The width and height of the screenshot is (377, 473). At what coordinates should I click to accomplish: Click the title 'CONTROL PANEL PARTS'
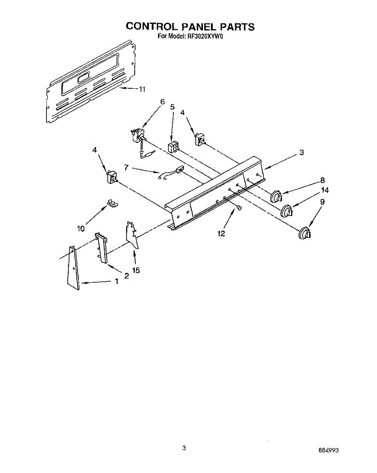pos(190,26)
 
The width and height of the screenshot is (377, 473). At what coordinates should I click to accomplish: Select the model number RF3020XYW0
pos(204,37)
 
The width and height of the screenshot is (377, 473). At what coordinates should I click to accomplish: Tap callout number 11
pos(141,89)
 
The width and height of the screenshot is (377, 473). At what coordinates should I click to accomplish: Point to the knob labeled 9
pos(304,233)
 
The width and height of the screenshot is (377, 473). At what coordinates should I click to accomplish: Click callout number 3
pos(301,153)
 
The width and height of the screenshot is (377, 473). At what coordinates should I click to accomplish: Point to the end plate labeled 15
pos(132,236)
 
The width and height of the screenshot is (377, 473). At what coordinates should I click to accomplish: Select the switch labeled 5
pos(173,148)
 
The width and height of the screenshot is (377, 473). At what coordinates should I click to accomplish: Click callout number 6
pos(162,101)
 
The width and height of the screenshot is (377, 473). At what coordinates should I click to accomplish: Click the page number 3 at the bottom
pos(184,448)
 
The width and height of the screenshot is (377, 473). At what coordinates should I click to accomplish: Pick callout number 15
pos(136,270)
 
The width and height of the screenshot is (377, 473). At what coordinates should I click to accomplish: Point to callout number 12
pos(221,233)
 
